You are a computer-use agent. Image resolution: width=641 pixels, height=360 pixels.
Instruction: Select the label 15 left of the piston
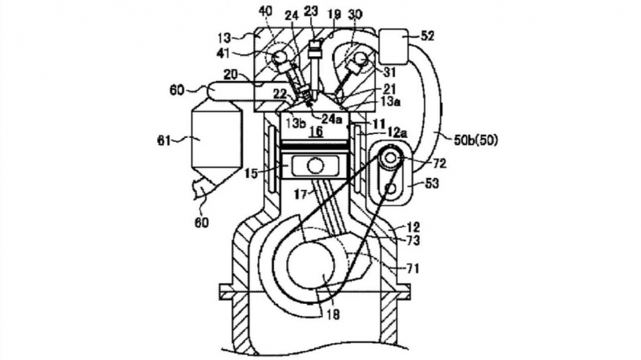tap(250, 172)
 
